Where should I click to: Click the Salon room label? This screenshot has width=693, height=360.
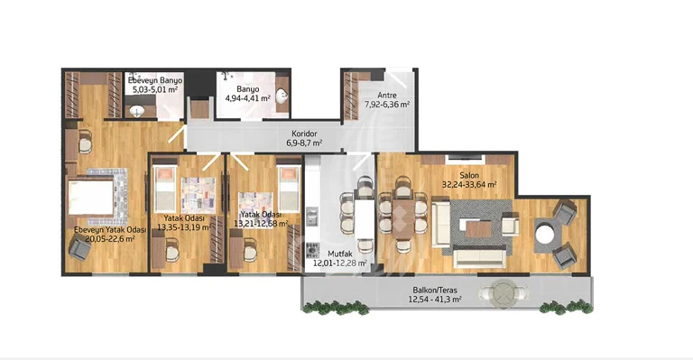pos(469,175)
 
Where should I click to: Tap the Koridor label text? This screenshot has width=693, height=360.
pos(304,134)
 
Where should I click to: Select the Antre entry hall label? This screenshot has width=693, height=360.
pos(387,95)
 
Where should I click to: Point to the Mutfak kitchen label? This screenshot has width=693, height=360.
pos(340,254)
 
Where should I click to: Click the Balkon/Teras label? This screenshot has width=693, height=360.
pos(435,291)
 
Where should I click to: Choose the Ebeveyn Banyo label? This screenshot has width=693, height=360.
pos(155,81)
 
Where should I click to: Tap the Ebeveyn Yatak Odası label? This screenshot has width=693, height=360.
pos(110,230)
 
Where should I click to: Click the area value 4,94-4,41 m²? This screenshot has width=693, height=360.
pos(247,98)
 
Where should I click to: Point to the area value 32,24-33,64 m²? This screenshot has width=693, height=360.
pos(469,185)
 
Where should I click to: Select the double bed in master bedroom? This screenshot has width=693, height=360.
pos(91,197)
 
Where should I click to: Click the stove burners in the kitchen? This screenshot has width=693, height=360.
pos(312,250)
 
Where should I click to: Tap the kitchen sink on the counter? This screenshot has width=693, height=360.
pos(312,217)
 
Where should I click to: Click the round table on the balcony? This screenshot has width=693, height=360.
pos(503,292)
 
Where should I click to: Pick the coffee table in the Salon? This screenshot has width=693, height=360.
pos(478,229)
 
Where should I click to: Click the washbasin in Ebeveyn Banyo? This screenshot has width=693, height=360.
pos(137,112)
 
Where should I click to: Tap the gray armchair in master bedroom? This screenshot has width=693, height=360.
pos(80,249)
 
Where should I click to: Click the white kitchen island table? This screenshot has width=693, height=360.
pos(365,219)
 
